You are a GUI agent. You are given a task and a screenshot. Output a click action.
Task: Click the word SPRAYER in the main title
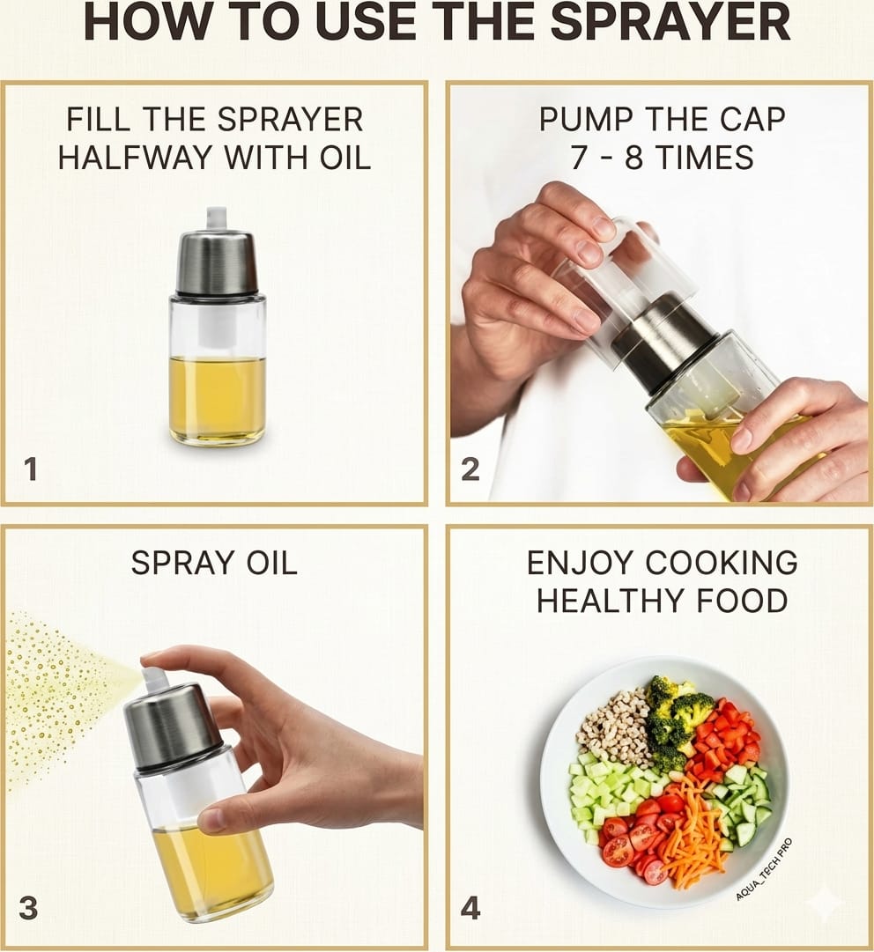(670, 23)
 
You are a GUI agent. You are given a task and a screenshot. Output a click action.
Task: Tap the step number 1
(30, 469)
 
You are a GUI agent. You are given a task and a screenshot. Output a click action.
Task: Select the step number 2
(470, 469)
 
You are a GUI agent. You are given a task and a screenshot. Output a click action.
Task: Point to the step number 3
(28, 908)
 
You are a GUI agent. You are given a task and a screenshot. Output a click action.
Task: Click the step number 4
(470, 908)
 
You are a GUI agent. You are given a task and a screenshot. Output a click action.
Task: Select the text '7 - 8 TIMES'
(662, 158)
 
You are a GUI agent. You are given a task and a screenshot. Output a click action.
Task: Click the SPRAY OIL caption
(214, 563)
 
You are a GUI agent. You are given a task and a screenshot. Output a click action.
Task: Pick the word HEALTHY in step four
(612, 601)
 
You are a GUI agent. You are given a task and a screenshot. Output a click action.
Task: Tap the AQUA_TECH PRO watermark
(764, 869)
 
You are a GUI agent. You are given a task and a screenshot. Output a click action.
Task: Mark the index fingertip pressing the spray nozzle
(150, 661)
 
